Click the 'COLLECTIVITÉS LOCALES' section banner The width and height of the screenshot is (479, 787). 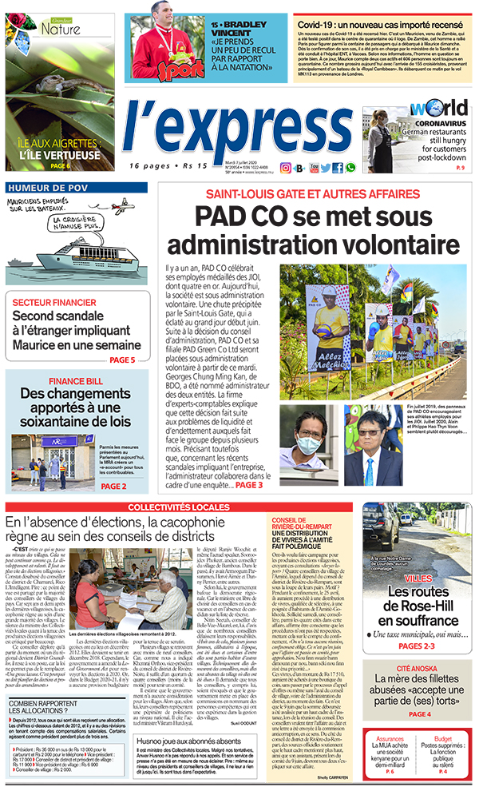[179, 507]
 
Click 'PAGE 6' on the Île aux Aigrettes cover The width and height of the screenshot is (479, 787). [59, 166]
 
